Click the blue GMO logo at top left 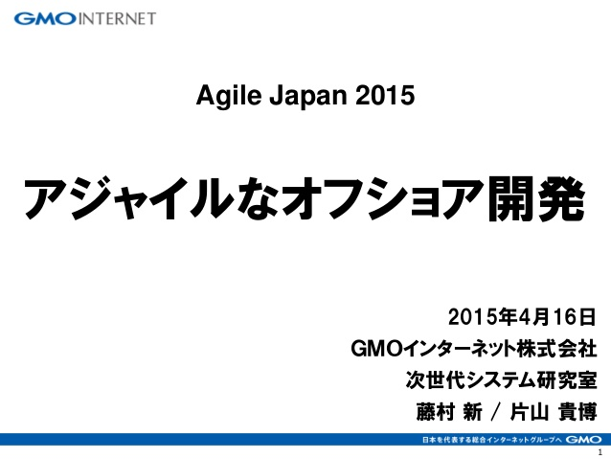[45, 19]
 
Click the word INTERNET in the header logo [117, 19]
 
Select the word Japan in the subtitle [307, 96]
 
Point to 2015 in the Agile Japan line [385, 96]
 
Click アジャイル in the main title [129, 198]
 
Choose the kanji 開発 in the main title [536, 198]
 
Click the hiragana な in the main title [258, 198]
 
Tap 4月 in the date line [534, 317]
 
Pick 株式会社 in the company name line [556, 348]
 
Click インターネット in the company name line [460, 348]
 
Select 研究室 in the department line [567, 379]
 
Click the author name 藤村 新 [449, 412]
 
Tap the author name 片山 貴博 [554, 412]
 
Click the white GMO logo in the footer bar [583, 440]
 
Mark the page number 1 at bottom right [600, 452]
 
